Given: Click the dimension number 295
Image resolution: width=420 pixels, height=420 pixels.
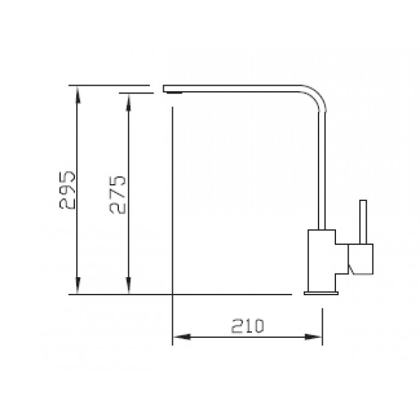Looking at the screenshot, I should tap(68, 189).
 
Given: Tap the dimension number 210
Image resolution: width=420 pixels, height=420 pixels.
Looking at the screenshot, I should tap(247, 326).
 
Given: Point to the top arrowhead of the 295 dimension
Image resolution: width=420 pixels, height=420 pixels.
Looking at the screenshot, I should tap(77, 91).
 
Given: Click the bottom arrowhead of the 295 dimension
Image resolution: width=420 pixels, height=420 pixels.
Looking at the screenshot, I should tap(77, 289).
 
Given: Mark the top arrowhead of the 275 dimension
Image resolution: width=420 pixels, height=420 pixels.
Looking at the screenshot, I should tap(127, 99).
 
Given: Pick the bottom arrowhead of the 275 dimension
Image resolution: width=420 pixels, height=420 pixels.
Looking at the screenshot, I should tap(127, 289).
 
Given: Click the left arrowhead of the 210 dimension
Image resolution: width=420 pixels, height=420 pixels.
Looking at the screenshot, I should tap(179, 338).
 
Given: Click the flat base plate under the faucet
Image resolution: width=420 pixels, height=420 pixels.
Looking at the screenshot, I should tap(321, 293).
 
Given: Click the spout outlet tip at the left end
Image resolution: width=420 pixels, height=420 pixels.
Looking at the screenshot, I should tap(172, 91).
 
